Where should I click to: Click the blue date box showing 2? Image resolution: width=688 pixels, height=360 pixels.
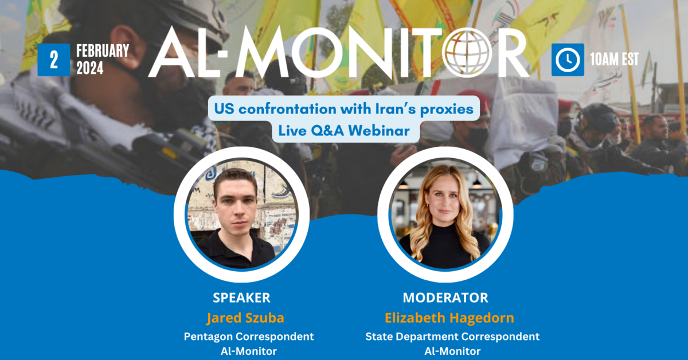54,60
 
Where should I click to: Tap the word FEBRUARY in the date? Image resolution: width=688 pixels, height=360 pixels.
103,50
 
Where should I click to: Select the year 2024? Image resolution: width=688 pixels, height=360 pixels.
89,68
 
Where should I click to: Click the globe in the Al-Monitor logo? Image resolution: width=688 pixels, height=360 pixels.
467,53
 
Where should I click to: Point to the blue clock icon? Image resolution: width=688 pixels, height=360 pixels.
568,60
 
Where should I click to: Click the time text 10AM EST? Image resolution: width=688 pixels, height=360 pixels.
614,59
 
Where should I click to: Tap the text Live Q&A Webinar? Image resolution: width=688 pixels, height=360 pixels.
344,131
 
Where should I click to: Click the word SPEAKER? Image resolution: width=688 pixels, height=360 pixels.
242,298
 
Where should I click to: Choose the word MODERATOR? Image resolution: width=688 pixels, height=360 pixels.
445,298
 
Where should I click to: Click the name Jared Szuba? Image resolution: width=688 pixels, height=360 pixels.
245,318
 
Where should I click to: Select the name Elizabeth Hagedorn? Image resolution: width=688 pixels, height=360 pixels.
449,318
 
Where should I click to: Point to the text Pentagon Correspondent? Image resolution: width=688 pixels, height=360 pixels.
249,336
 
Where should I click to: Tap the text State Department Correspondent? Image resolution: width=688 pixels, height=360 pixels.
452,336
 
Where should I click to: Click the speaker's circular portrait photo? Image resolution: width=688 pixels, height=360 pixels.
241,214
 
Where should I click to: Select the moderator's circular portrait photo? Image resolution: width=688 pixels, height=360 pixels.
445,214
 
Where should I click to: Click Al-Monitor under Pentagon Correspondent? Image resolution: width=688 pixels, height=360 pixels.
249,351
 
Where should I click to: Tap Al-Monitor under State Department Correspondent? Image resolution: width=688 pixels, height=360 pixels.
452,351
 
